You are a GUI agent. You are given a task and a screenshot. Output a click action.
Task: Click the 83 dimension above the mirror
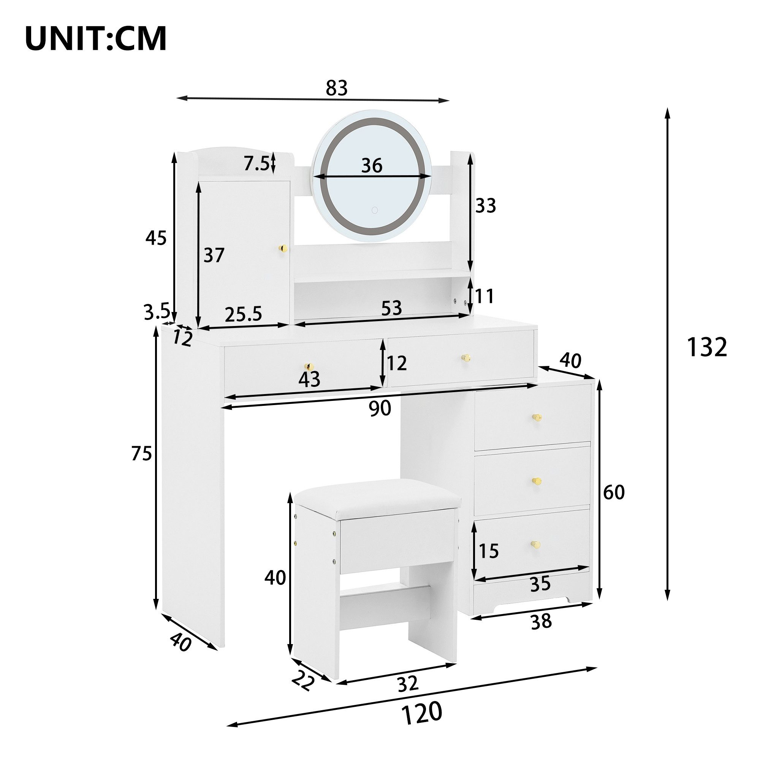337,88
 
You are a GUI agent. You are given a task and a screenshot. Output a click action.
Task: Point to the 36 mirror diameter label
372,165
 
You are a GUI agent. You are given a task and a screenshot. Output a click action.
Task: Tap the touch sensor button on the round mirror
375,210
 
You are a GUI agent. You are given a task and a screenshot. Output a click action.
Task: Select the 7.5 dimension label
256,163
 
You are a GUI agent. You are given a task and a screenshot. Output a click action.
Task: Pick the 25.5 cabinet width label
243,314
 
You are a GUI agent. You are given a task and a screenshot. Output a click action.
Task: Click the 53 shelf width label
391,308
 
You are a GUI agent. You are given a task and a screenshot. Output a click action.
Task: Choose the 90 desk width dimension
380,408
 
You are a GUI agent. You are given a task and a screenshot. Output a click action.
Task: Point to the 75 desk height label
141,454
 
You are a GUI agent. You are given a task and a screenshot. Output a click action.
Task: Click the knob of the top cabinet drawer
537,417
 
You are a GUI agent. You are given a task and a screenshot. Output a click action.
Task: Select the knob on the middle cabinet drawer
537,481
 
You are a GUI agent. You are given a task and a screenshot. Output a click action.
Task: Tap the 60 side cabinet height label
614,492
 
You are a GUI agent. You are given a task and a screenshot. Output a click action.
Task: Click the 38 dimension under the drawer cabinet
541,622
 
